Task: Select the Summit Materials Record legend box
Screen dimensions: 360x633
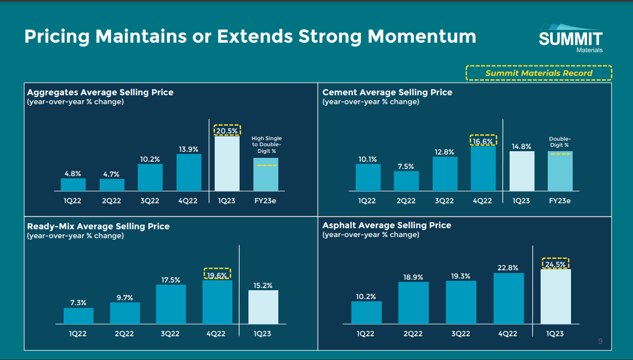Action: coord(538,73)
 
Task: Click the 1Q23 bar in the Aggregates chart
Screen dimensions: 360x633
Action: coord(227,163)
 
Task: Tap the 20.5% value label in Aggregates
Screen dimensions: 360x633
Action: coord(227,131)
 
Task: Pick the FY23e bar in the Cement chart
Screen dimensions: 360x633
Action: coord(560,171)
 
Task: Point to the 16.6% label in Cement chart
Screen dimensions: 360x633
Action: coord(483,141)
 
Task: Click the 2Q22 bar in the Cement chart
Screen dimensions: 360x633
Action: coord(406,181)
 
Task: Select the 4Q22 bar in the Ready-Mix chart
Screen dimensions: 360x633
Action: coord(217,302)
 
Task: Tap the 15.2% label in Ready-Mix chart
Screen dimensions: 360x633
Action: coord(263,286)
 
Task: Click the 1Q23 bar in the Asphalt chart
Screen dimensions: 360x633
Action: coord(555,296)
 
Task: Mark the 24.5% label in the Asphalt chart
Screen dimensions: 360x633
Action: coord(555,265)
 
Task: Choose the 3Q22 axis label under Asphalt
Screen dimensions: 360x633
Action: coord(460,333)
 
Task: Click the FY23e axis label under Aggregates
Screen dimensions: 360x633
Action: coord(266,200)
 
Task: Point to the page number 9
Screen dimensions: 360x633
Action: coord(600,341)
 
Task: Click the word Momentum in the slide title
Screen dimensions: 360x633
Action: coord(422,37)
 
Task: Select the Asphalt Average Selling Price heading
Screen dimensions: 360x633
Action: coord(386,225)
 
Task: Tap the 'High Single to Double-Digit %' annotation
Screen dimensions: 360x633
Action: coord(266,145)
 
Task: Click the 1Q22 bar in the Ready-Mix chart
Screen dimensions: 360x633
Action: coord(79,316)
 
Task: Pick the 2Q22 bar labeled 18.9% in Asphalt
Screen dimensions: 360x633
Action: coord(413,303)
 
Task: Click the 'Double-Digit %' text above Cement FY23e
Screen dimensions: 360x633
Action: coord(559,142)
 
